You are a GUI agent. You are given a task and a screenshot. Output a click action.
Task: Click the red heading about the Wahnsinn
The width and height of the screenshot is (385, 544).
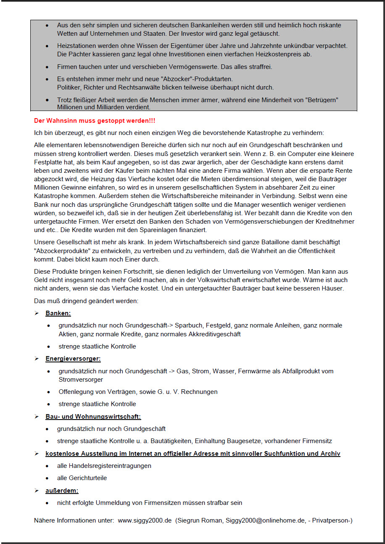95,121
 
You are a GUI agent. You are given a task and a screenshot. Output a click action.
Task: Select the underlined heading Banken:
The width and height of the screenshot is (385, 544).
58,313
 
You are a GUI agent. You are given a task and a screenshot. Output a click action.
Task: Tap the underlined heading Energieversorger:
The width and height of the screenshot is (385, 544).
73,359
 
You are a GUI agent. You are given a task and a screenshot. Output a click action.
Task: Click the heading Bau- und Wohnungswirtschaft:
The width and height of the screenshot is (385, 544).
93,417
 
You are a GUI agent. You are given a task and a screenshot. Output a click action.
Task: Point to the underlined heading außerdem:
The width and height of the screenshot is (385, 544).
62,491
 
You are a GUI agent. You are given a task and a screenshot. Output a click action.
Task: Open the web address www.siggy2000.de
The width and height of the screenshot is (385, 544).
145,520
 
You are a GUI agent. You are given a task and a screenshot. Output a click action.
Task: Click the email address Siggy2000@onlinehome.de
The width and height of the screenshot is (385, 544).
258,520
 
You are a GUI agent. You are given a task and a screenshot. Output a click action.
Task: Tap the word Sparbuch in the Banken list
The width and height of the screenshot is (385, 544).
188,325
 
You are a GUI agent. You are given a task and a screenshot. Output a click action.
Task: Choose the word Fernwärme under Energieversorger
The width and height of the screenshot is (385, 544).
254,371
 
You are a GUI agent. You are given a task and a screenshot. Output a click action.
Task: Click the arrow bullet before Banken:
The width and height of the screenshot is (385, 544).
37,313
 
